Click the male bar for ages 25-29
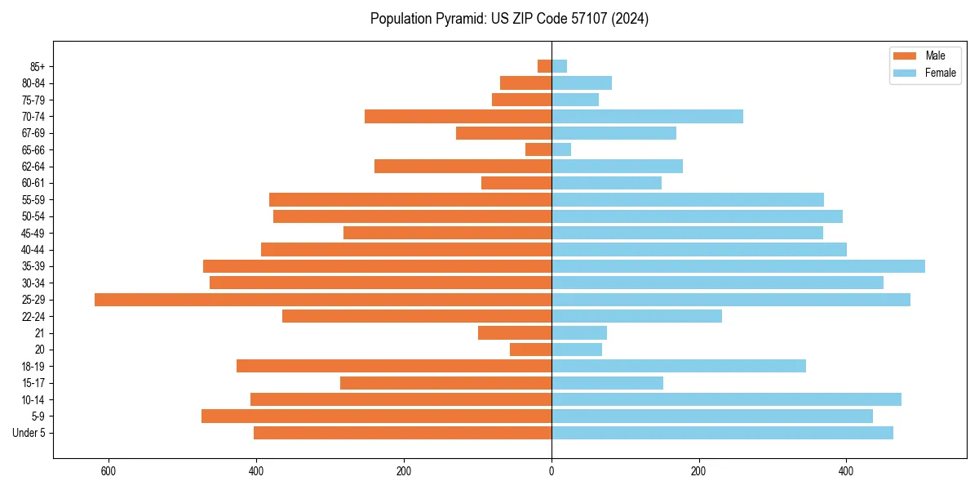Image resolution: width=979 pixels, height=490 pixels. [x=323, y=300]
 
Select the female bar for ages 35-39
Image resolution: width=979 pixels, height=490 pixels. [x=738, y=266]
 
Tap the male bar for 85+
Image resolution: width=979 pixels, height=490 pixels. [x=544, y=66]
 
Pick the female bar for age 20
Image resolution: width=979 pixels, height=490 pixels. [x=577, y=350]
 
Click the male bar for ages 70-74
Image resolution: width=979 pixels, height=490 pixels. [x=458, y=116]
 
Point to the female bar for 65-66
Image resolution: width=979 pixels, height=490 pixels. [x=561, y=149]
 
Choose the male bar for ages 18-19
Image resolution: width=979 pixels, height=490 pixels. [x=394, y=366]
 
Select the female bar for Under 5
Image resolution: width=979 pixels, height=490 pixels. [x=722, y=433]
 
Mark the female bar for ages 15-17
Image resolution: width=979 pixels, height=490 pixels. [x=607, y=383]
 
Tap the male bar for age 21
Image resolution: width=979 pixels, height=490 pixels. [x=515, y=332]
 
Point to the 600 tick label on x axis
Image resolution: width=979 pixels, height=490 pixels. [x=109, y=471]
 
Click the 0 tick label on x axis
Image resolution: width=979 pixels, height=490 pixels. [x=552, y=471]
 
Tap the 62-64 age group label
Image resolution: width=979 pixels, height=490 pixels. [x=33, y=167]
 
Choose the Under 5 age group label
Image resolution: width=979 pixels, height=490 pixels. [x=29, y=433]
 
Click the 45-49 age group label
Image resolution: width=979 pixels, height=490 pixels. [x=33, y=233]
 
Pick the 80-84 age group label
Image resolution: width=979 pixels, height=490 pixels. [x=33, y=83]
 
